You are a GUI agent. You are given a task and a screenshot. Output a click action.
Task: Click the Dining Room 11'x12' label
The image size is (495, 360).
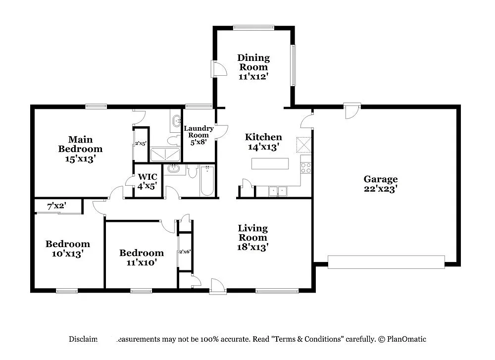pos(253,67)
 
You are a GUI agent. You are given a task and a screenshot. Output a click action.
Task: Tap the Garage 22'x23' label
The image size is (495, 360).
pos(381,184)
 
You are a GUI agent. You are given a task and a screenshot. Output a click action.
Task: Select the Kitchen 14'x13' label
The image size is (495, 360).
pos(264,142)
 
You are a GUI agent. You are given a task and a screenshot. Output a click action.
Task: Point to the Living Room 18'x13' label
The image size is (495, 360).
pos(252,237)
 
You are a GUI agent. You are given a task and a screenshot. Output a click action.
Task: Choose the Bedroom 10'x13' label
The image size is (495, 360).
pos(68,249)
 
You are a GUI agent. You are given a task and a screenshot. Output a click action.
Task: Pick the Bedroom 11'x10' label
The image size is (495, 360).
pos(141,257)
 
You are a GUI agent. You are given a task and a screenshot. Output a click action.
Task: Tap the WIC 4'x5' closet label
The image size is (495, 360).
pos(148,181)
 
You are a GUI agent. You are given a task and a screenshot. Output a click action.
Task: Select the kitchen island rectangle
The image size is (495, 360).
pos(270,163)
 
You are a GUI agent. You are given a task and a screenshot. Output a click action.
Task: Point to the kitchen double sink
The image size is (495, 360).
pos(278,191)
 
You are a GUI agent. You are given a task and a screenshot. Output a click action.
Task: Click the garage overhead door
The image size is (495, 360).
pos(386,261)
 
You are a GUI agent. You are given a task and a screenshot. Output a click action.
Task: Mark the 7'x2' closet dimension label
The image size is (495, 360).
pos(56,205)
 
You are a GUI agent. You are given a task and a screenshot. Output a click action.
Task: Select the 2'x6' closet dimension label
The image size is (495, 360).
pos(185,252)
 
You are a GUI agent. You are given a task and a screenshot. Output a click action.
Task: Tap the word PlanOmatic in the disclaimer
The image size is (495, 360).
pos(406,339)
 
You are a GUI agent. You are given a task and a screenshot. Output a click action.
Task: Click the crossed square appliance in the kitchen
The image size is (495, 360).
pos(303,145)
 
